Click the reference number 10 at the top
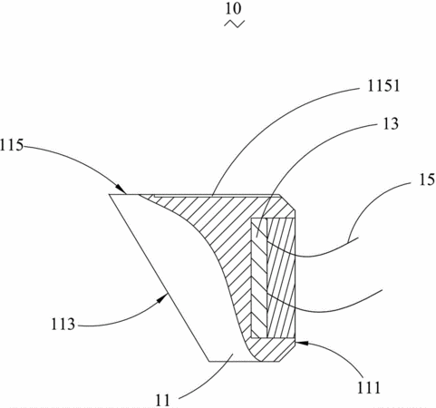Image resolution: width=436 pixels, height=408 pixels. (233, 8)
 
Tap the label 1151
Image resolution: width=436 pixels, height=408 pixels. (383, 86)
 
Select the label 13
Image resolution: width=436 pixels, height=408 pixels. (391, 123)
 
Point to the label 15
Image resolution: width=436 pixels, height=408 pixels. (426, 180)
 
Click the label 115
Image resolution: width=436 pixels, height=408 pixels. (12, 145)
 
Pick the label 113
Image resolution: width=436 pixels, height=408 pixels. (63, 325)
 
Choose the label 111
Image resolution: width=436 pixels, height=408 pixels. (369, 387)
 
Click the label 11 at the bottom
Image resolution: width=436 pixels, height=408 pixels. (163, 401)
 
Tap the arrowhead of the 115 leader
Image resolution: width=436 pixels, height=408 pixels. (121, 189)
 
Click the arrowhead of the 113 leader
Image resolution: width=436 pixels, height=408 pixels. (163, 297)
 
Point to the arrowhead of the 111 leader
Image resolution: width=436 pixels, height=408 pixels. (302, 343)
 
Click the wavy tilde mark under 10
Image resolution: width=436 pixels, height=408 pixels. (234, 24)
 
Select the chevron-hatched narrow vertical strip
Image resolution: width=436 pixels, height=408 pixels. (259, 278)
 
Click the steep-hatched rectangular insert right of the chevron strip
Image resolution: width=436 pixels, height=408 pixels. (281, 278)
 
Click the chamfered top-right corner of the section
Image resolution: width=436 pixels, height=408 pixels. (287, 201)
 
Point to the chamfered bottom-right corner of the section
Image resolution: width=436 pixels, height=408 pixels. (287, 353)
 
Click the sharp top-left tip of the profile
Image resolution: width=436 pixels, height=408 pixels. (110, 195)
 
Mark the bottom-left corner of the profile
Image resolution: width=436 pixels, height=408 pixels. (209, 361)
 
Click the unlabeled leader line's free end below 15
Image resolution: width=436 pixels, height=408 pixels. (383, 290)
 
